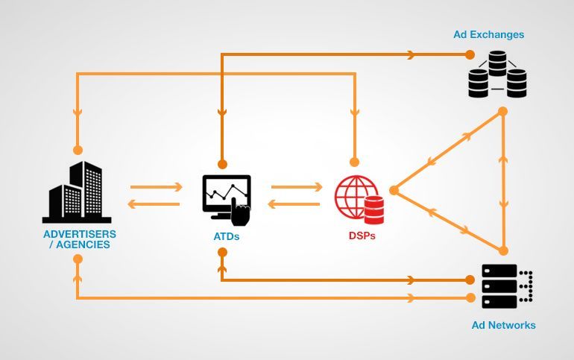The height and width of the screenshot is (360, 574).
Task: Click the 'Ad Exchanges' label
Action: point(489,34)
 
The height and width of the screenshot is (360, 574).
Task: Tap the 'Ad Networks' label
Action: point(503,325)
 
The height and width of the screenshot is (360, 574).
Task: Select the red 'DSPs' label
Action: point(362,236)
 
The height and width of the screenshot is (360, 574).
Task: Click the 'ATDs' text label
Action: point(226,236)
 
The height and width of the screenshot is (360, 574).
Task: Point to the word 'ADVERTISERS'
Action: point(80,234)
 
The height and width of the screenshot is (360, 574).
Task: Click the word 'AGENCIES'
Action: point(83,244)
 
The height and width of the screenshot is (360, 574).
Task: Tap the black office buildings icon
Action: point(77,192)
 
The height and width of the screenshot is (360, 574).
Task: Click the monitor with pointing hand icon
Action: point(227,200)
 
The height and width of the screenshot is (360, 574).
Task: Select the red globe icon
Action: point(356,198)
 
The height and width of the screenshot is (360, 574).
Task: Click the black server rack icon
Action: point(507,286)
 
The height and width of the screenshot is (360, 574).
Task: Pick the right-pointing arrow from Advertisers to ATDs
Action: point(157,187)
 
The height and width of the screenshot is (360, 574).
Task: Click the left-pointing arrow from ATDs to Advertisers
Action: point(154,203)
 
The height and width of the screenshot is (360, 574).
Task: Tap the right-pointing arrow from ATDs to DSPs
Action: point(297,187)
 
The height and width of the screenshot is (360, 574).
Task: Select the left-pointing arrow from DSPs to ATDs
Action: point(294,203)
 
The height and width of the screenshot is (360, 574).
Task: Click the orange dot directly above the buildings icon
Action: point(78,150)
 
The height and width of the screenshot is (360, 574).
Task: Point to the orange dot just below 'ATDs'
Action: point(222,253)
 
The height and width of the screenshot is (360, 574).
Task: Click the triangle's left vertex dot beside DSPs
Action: point(394,190)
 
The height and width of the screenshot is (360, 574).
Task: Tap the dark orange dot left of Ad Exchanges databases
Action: point(470,55)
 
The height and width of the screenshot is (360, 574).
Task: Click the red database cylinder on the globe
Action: point(374,210)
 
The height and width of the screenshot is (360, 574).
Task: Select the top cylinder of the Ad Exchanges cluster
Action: point(497,63)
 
